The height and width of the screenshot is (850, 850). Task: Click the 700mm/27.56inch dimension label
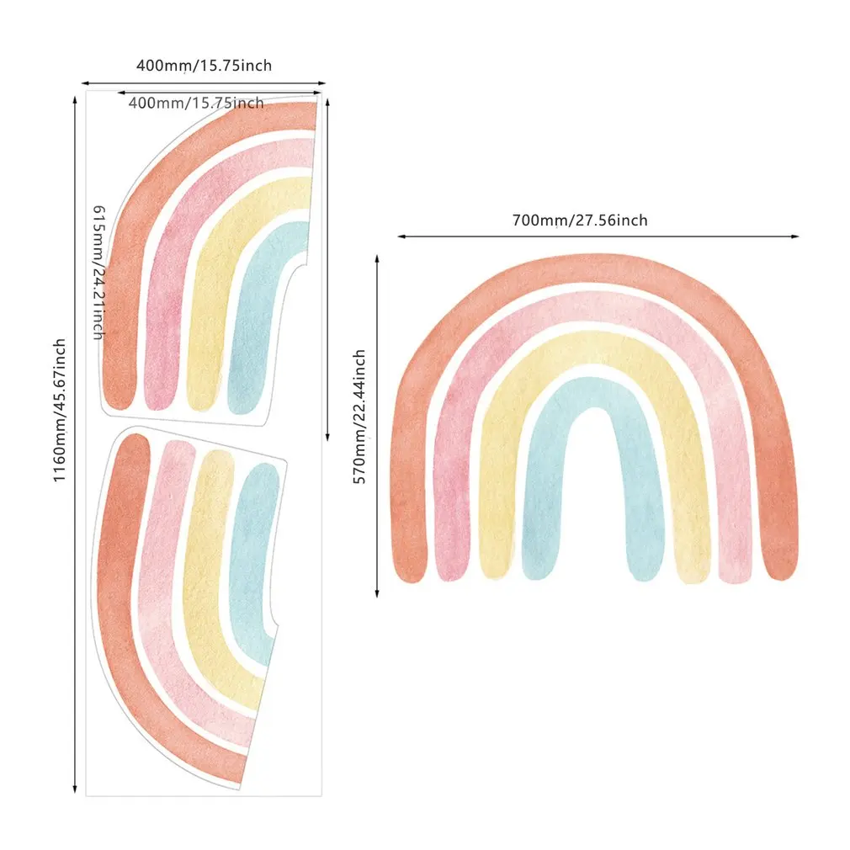[x=580, y=220]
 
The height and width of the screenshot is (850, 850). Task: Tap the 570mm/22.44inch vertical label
[x=359, y=416]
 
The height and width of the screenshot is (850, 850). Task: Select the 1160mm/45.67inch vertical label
[x=60, y=410]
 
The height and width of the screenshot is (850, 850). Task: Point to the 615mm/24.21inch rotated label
[x=98, y=271]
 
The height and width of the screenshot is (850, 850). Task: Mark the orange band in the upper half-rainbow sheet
[x=119, y=320]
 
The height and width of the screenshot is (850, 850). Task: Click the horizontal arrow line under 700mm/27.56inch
[x=598, y=236]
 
